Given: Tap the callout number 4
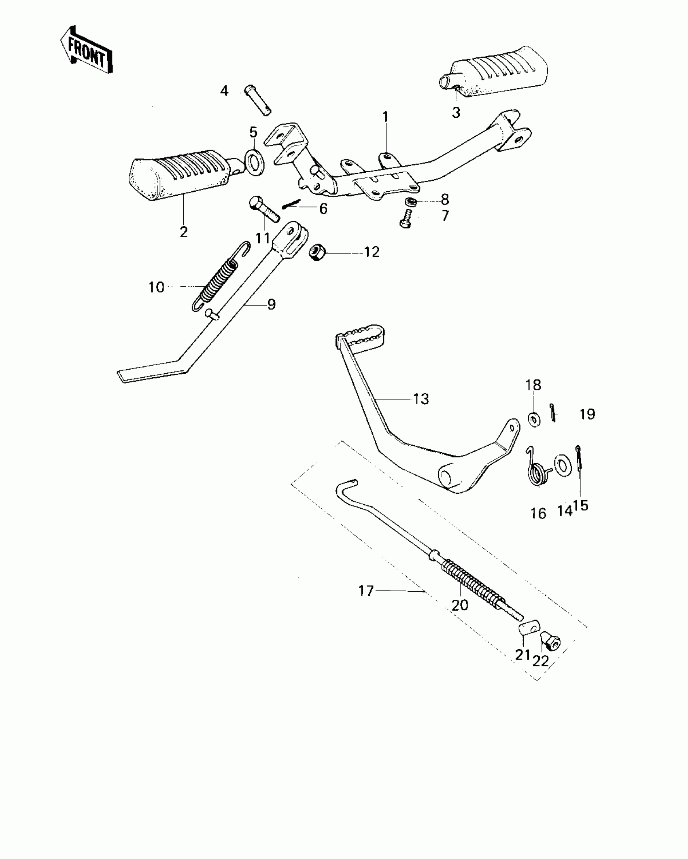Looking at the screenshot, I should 224,91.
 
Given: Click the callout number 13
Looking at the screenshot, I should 421,399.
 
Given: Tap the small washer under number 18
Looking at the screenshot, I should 534,419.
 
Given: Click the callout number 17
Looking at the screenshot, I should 366,591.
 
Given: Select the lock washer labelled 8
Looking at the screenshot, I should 411,202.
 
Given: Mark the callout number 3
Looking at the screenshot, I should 456,113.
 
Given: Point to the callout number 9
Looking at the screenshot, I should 271,304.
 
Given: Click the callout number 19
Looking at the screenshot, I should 587,414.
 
